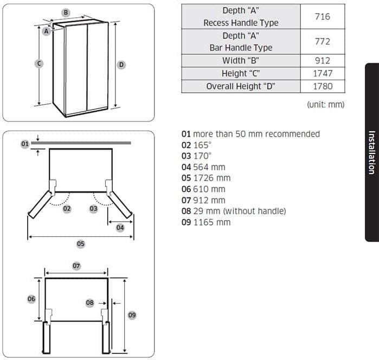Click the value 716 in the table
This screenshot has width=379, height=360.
pyautogui.click(x=322, y=16)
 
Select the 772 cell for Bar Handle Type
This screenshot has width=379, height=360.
pyautogui.click(x=322, y=41)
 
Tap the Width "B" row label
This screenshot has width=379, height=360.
pyautogui.click(x=241, y=60)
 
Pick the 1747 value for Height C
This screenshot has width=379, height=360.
pyautogui.click(x=323, y=73)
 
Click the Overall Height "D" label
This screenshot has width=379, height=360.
pyautogui.click(x=241, y=86)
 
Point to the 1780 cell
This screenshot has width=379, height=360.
pyautogui.click(x=323, y=86)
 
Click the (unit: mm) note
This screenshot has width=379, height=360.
pyautogui.click(x=325, y=105)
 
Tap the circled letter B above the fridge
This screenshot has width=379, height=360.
pyautogui.click(x=66, y=12)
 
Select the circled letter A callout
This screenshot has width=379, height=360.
pyautogui.click(x=47, y=31)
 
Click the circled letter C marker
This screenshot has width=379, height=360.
pyautogui.click(x=39, y=63)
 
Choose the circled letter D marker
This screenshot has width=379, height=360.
pyautogui.click(x=121, y=65)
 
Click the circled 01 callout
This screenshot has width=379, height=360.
pyautogui.click(x=25, y=144)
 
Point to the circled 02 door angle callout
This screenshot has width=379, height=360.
pyautogui.click(x=67, y=209)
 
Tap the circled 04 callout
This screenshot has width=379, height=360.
pyautogui.click(x=120, y=228)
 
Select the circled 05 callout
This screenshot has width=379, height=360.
pyautogui.click(x=81, y=244)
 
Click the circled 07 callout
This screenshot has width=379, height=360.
pyautogui.click(x=76, y=266)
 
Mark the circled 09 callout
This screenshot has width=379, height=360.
pyautogui.click(x=132, y=315)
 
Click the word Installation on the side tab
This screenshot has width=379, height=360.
pyautogui.click(x=372, y=152)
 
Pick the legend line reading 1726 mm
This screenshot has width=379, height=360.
pyautogui.click(x=206, y=178)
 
